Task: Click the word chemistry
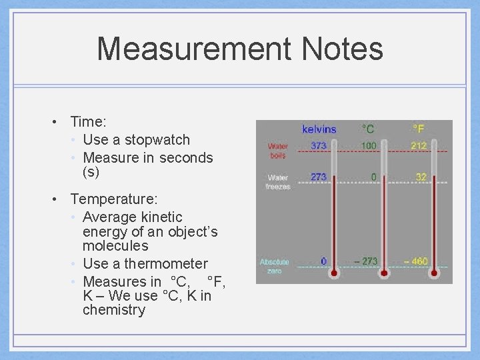pos(113,310)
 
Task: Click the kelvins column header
pos(319,129)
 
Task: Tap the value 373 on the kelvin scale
pos(319,145)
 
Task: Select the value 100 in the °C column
pos(368,145)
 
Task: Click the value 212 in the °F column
pos(419,145)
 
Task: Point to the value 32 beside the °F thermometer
pos(421,177)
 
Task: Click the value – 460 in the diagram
pos(415,261)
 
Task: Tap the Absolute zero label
pos(274,267)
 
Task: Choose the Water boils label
pos(277,150)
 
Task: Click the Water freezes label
pos(278,182)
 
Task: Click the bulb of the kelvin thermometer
pos(334,273)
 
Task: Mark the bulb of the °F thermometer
pos(435,273)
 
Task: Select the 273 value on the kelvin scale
pos(319,177)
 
